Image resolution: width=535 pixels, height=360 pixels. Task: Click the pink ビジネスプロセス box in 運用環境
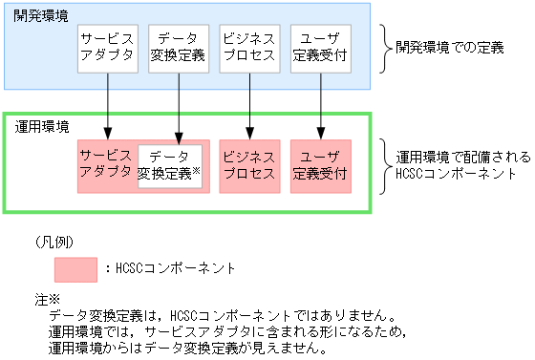[249, 166]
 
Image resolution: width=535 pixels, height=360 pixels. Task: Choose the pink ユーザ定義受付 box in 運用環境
[321, 166]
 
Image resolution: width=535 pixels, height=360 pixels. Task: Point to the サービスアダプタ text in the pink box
[106, 163]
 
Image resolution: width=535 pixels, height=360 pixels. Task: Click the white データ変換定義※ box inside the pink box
[169, 166]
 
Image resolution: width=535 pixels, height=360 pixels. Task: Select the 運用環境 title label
[43, 126]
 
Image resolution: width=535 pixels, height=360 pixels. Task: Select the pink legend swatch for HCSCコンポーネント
[75, 268]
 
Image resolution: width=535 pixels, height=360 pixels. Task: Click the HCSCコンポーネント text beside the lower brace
[451, 174]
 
